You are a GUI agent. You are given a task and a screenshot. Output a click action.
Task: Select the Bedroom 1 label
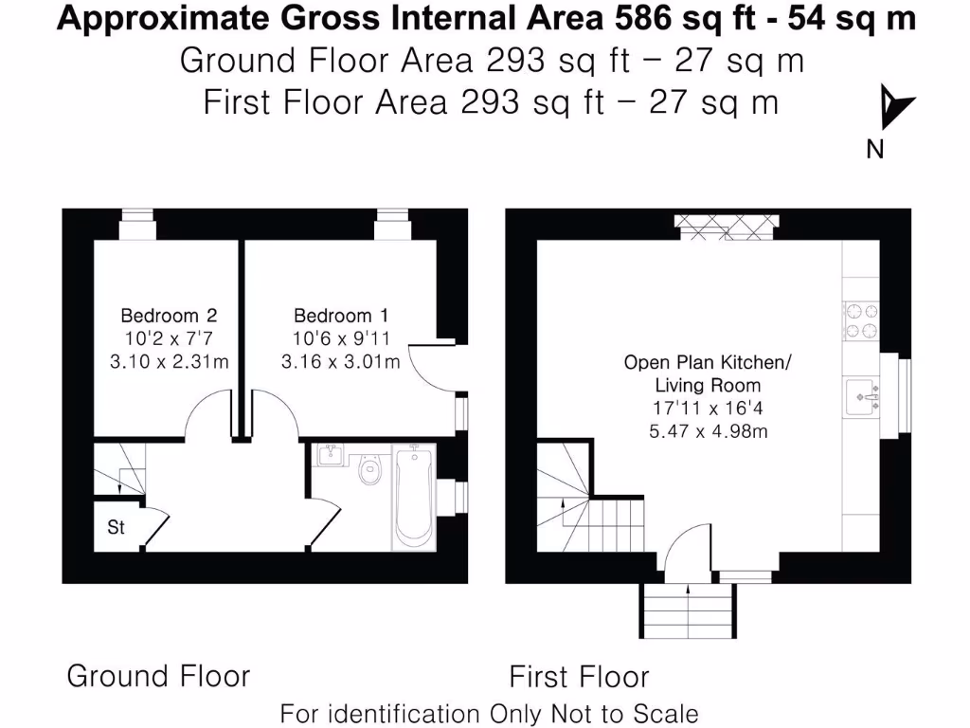[x=340, y=316]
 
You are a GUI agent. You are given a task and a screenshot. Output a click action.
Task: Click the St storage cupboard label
[x=116, y=528]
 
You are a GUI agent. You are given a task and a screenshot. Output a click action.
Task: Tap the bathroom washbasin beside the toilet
[x=331, y=457]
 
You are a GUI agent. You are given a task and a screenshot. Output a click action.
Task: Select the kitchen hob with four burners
[x=861, y=319]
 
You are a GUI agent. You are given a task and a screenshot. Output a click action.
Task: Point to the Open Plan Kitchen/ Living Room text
[x=707, y=373]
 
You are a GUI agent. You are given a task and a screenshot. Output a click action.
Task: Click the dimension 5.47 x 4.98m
[x=707, y=432]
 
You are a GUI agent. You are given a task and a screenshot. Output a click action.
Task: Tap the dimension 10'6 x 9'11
[x=340, y=338]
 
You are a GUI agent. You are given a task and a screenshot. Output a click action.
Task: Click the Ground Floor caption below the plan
[x=158, y=676]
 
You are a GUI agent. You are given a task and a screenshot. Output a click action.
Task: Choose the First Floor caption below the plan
[x=579, y=677]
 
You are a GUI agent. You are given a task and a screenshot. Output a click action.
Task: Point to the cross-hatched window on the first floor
[x=727, y=222]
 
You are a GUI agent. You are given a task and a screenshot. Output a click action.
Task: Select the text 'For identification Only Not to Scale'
[x=489, y=713]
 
